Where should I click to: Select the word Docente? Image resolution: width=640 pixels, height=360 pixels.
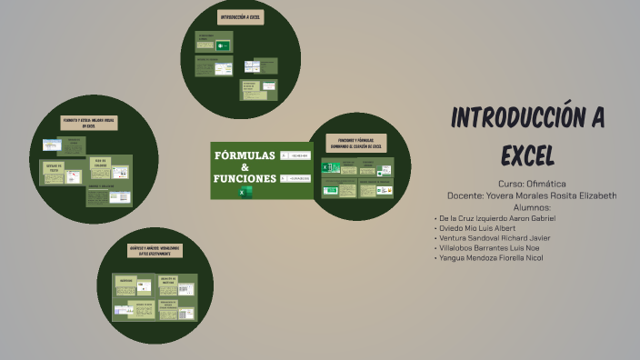pyautogui.click(x=469, y=195)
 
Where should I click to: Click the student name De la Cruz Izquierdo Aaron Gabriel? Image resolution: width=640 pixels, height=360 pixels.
pyautogui.click(x=498, y=218)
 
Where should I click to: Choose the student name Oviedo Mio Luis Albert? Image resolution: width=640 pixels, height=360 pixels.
pyautogui.click(x=478, y=228)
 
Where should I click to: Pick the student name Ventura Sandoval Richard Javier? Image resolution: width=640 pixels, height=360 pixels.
pyautogui.click(x=495, y=238)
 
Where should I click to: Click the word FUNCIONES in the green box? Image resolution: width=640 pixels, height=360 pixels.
pyautogui.click(x=244, y=178)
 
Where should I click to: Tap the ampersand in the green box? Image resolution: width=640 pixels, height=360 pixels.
pyautogui.click(x=244, y=166)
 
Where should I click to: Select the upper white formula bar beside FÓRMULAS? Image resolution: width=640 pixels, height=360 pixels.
pyautogui.click(x=295, y=155)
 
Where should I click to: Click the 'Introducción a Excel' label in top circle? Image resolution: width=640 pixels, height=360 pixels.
pyautogui.click(x=241, y=17)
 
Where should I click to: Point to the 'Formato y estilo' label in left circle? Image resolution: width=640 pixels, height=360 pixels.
pyautogui.click(x=88, y=122)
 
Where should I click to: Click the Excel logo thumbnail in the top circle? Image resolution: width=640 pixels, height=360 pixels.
pyautogui.click(x=223, y=46)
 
